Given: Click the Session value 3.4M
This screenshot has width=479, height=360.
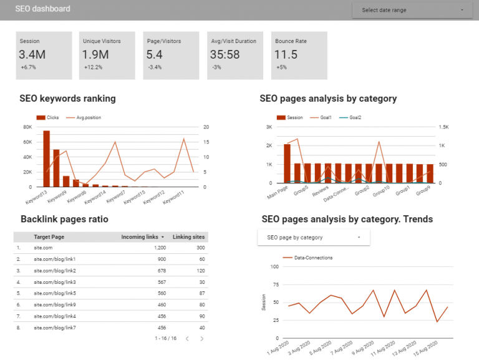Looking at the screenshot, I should tap(32, 55).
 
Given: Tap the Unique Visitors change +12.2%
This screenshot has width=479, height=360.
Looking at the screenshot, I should tap(93, 67).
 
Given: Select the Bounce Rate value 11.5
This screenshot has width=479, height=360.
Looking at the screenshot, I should tap(286, 55).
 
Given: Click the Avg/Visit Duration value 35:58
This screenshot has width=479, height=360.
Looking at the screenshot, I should tap(225, 55).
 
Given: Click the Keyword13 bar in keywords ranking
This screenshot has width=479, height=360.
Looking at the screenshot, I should tap(46, 159).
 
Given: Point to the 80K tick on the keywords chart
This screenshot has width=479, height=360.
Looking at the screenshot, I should tap(27, 127).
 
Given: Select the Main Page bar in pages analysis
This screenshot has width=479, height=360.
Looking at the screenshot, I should tap(287, 163).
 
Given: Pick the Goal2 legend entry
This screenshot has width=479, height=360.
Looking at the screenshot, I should tap(354, 117).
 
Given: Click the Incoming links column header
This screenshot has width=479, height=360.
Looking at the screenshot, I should tap(142, 237).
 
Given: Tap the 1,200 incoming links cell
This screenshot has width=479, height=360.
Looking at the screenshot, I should tap(158, 248).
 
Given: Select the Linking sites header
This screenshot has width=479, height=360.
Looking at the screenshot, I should tap(190, 237).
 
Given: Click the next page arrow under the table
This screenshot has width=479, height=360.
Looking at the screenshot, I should tap(201, 339).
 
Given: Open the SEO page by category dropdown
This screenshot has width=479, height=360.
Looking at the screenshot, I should tap(314, 238).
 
